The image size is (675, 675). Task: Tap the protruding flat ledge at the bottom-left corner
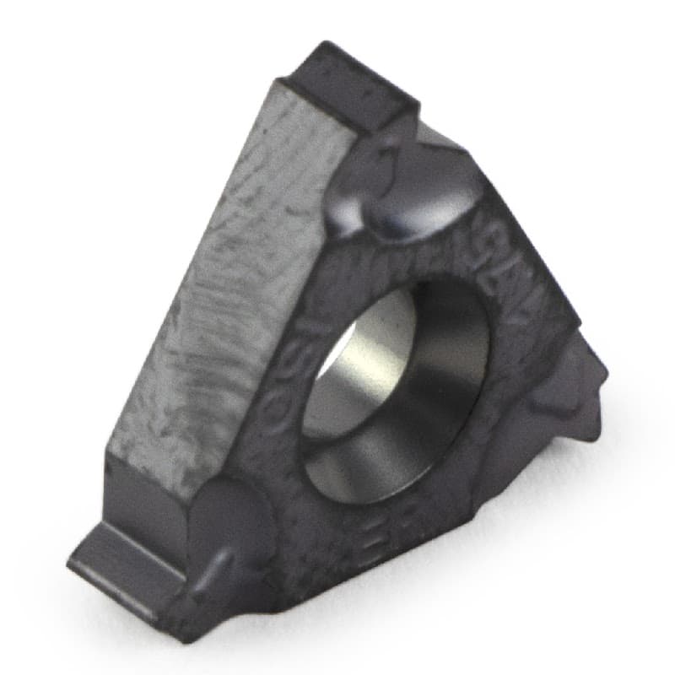point(127,557)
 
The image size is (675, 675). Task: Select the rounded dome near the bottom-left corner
point(228,515)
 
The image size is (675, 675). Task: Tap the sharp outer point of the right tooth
point(604,368)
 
